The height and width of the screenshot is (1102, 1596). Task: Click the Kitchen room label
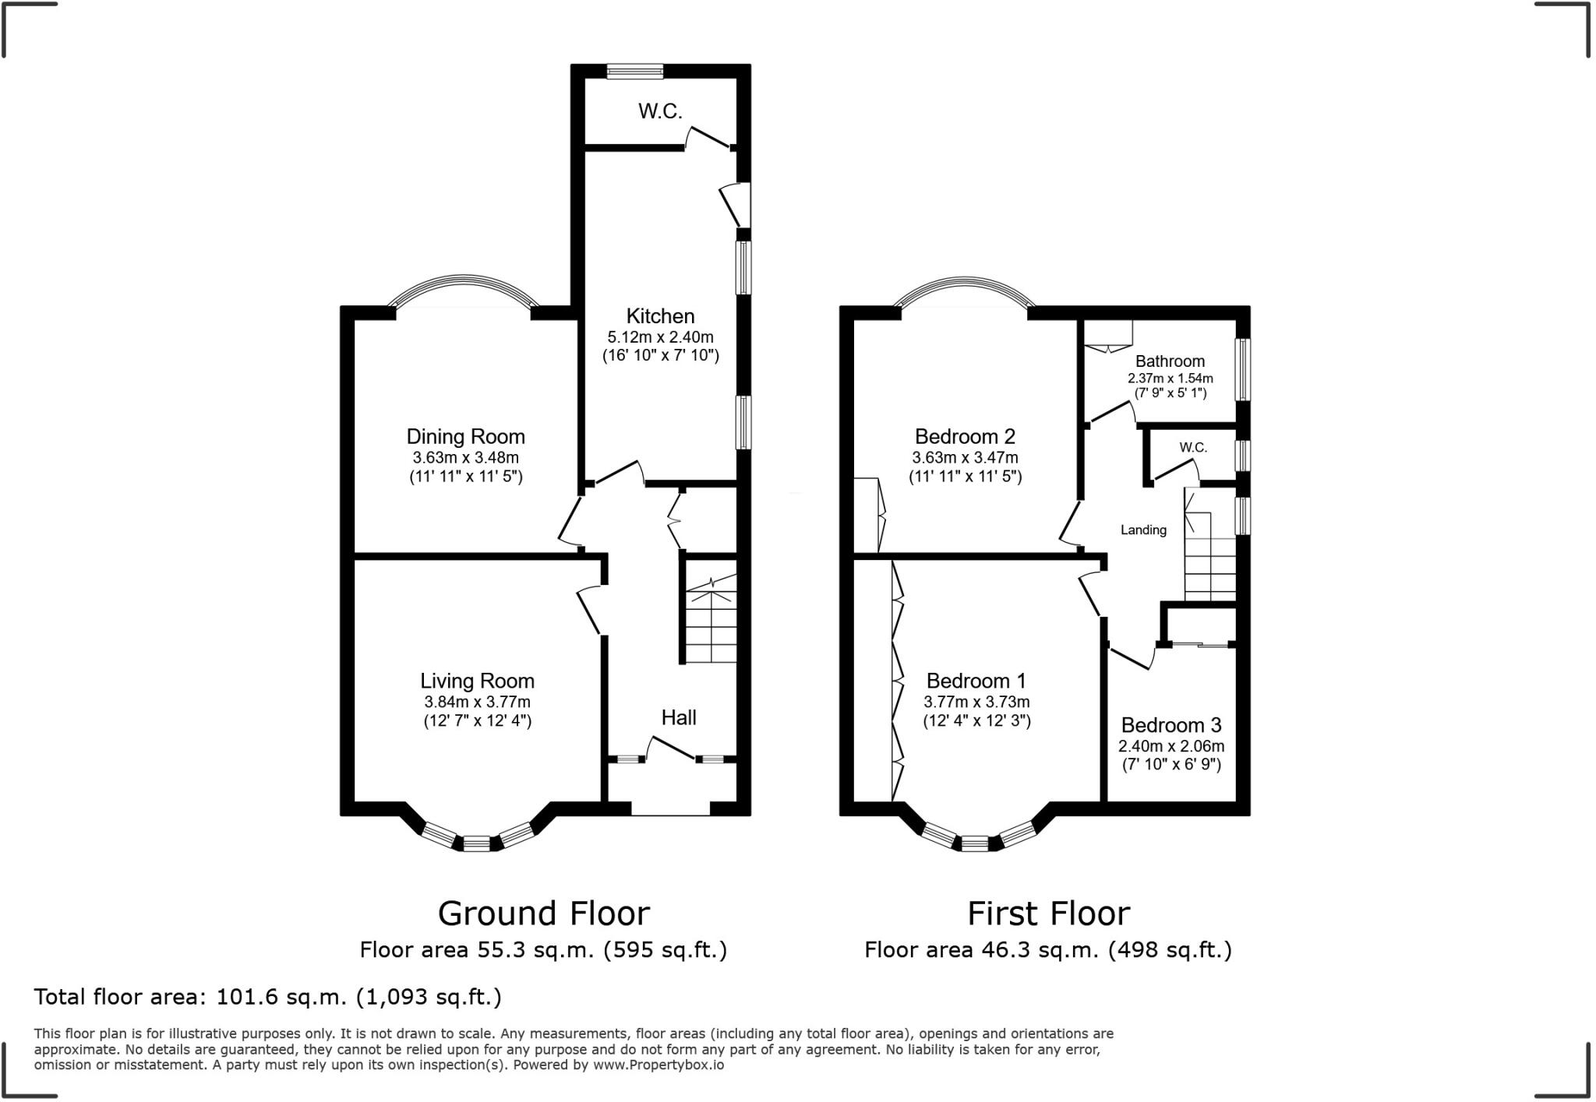click(660, 316)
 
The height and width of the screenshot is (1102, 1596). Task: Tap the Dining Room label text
click(465, 436)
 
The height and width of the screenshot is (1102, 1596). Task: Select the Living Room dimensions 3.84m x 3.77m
click(477, 702)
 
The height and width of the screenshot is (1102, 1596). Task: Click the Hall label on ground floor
click(678, 717)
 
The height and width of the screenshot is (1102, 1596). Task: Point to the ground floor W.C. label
click(660, 111)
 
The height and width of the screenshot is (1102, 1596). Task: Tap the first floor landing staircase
click(1209, 558)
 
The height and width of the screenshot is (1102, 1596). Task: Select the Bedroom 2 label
click(965, 436)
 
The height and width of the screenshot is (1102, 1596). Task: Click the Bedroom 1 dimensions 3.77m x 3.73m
click(976, 702)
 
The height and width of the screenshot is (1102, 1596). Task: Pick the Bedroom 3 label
click(1171, 725)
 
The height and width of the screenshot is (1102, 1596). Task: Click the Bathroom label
click(1170, 361)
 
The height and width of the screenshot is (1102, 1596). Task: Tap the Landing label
click(1143, 530)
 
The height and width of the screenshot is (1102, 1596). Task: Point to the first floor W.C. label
click(1192, 448)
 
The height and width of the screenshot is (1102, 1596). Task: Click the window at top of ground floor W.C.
click(635, 71)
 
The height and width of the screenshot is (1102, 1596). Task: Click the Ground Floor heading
click(543, 914)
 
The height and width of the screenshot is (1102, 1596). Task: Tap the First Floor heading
click(1048, 914)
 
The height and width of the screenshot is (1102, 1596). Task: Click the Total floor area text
click(267, 997)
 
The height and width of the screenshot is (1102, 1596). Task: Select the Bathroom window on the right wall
click(1243, 368)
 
